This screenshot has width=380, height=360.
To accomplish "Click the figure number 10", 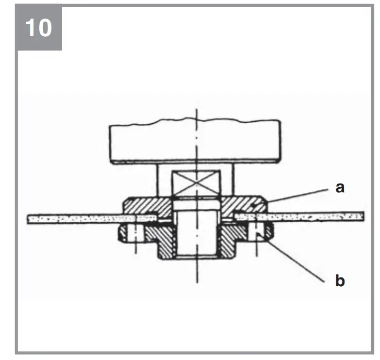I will pos(39,27).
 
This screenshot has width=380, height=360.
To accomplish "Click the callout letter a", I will pos(339,188).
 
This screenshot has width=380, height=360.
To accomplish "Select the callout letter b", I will pos(339,281).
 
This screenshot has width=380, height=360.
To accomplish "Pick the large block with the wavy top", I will pos(196,142).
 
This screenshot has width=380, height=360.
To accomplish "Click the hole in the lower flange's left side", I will pos(136,233).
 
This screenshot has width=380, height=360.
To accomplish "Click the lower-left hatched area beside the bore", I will pos(162,242).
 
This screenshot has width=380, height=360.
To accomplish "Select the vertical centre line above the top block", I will pos(196,114).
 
